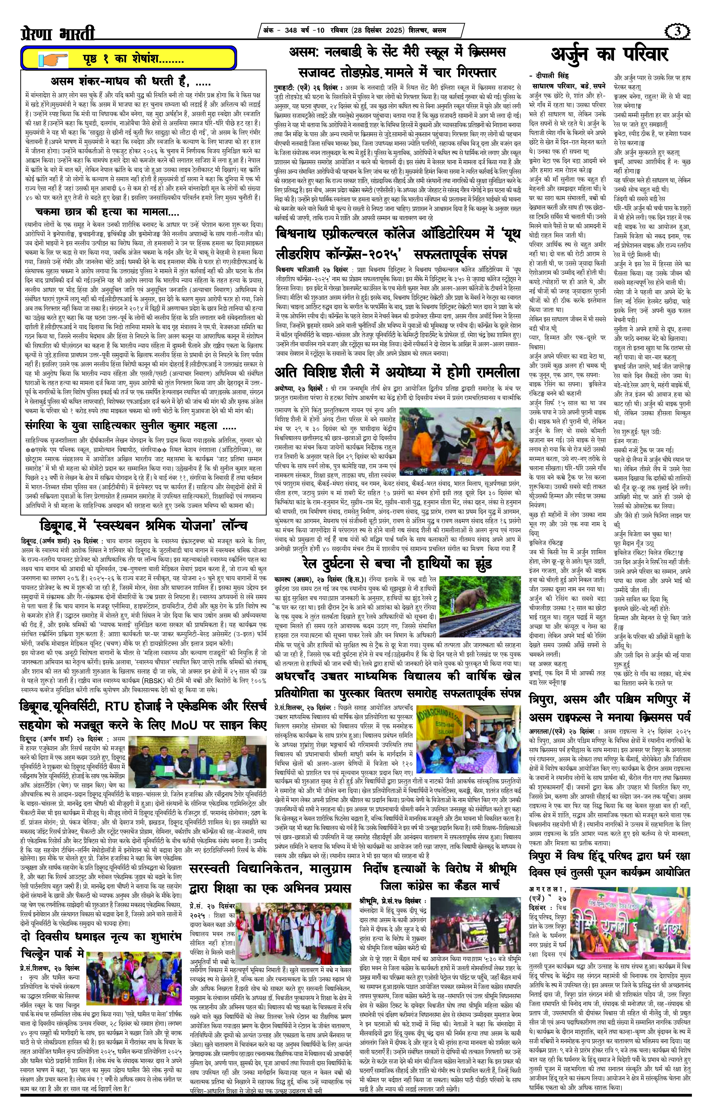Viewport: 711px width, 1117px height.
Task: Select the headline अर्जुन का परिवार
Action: coord(610,55)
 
